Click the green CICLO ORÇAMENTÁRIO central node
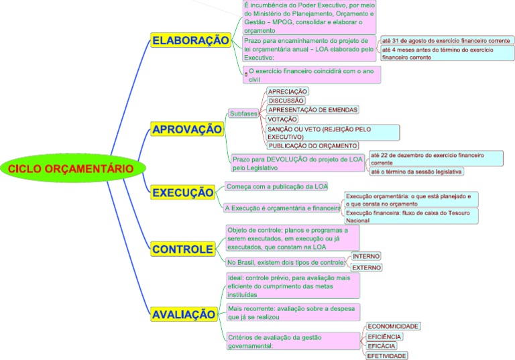click(71, 168)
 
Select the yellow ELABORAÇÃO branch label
click(190, 41)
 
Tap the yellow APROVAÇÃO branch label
click(186, 129)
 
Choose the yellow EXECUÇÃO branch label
click(182, 192)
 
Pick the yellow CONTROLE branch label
click(182, 249)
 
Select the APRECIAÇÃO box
click(288, 91)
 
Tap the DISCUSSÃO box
click(286, 101)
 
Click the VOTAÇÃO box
click(282, 119)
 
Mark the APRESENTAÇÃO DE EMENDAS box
click(312, 109)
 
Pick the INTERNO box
click(366, 256)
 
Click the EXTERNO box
click(367, 267)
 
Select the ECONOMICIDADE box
click(394, 326)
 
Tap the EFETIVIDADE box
click(387, 356)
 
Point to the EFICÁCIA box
click(382, 346)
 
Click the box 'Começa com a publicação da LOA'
click(277, 186)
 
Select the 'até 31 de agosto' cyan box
click(445, 41)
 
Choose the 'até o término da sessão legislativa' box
click(416, 172)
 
